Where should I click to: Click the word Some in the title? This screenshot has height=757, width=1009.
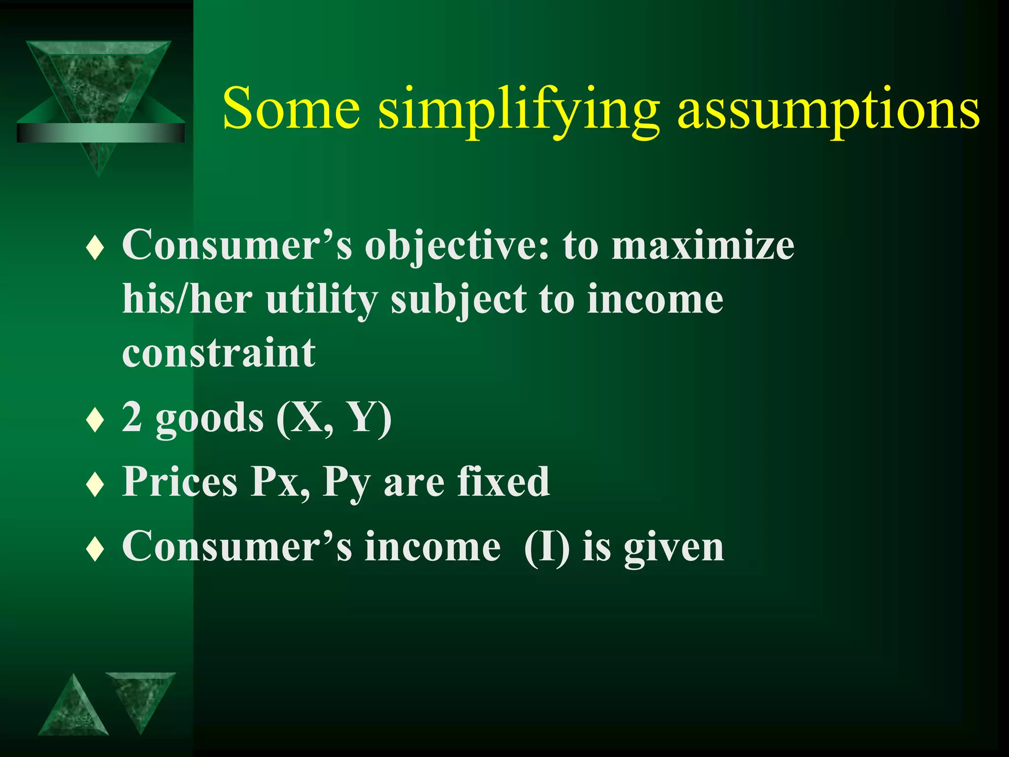pyautogui.click(x=291, y=108)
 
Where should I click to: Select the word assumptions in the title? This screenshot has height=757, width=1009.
pyautogui.click(x=828, y=111)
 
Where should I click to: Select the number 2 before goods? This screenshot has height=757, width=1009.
pyautogui.click(x=132, y=417)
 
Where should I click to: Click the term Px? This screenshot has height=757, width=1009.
pyautogui.click(x=280, y=482)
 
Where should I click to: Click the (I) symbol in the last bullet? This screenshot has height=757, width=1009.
pyautogui.click(x=546, y=547)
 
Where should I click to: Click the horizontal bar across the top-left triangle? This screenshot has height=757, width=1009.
pyautogui.click(x=101, y=133)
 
